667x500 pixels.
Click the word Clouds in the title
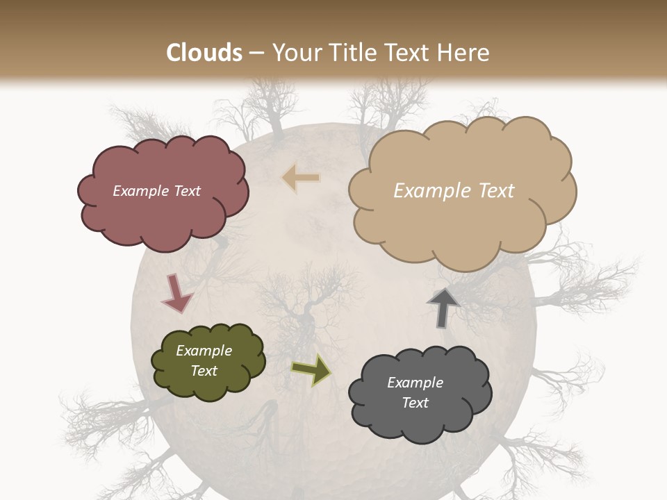click(x=204, y=52)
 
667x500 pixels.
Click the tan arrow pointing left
click(x=301, y=178)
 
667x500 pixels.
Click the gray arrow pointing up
click(x=443, y=308)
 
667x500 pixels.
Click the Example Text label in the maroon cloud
click(x=156, y=191)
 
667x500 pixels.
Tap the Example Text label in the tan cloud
click(x=454, y=191)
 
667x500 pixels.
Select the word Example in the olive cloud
click(x=204, y=351)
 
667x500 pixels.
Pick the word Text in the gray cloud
click(x=415, y=403)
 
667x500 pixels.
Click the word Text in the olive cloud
click(x=204, y=371)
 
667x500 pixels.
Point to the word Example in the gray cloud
click(x=415, y=383)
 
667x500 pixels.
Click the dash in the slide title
click(x=256, y=53)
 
